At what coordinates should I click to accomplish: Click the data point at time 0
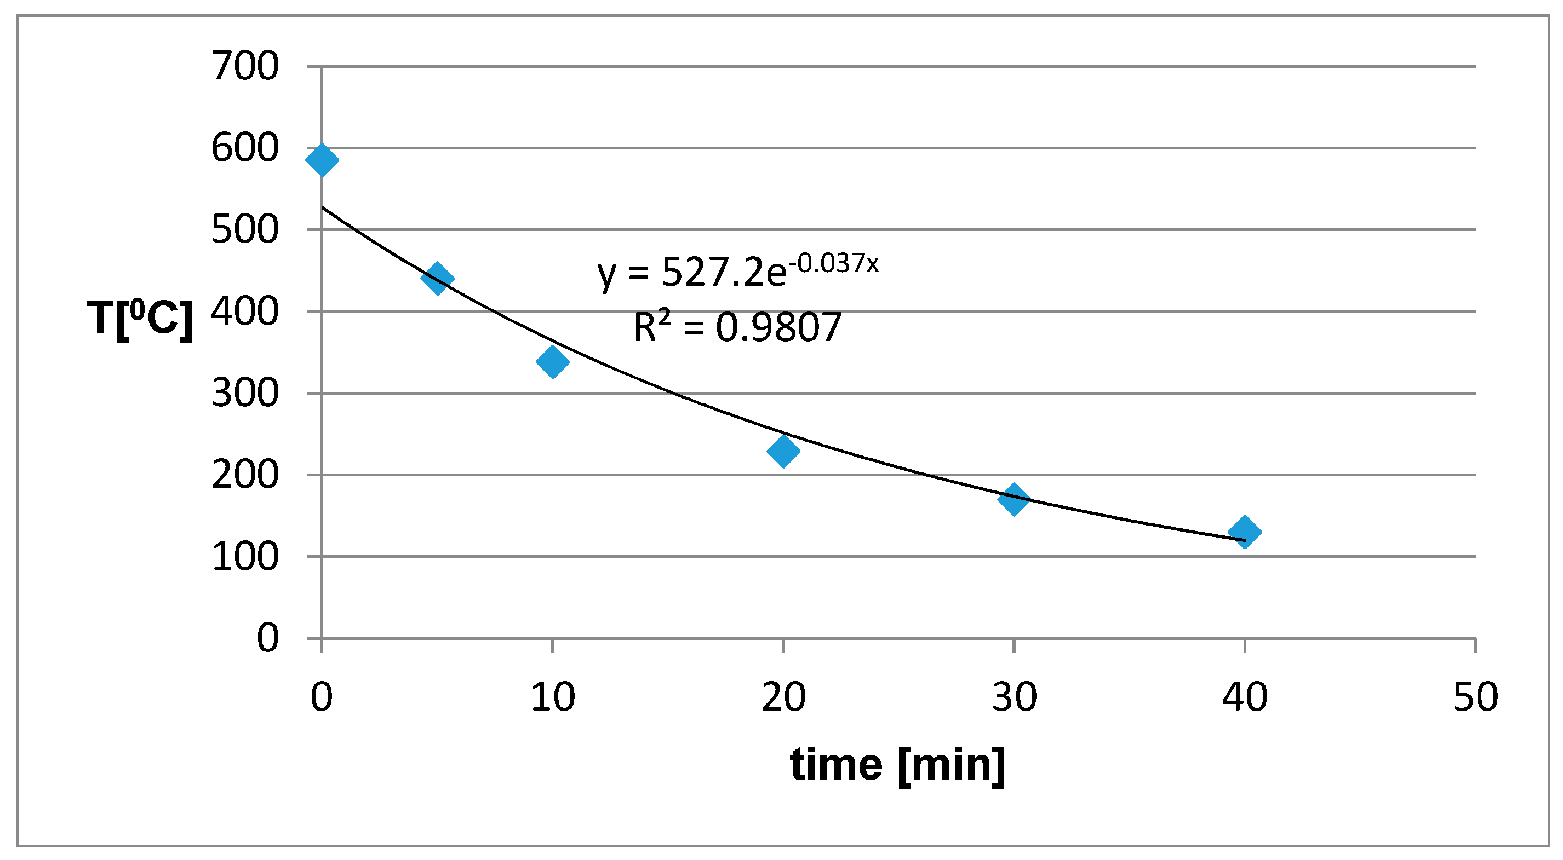pyautogui.click(x=322, y=160)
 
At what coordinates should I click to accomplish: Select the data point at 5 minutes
pyautogui.click(x=437, y=279)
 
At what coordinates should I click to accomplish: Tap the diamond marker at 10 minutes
pyautogui.click(x=552, y=362)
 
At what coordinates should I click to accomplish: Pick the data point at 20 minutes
pyautogui.click(x=783, y=451)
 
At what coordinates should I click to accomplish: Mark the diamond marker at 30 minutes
pyautogui.click(x=1014, y=499)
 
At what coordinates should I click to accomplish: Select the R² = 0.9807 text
pyautogui.click(x=737, y=327)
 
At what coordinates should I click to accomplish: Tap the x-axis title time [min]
pyautogui.click(x=897, y=765)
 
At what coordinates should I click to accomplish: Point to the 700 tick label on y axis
pyautogui.click(x=244, y=66)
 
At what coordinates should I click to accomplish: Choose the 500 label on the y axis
pyautogui.click(x=244, y=230)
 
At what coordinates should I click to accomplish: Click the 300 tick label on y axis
pyautogui.click(x=244, y=394)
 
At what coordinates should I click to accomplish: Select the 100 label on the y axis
pyautogui.click(x=244, y=557)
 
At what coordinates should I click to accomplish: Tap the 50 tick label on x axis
pyautogui.click(x=1475, y=697)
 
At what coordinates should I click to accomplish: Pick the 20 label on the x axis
pyautogui.click(x=783, y=697)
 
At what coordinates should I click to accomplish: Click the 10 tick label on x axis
pyautogui.click(x=552, y=697)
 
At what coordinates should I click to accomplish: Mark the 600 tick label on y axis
pyautogui.click(x=244, y=148)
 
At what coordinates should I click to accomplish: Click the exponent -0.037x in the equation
pyautogui.click(x=834, y=264)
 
